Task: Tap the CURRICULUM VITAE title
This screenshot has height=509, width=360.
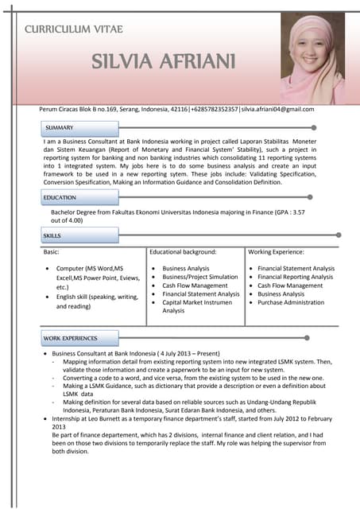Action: [x=74, y=29]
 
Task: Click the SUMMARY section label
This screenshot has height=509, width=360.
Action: [x=60, y=127]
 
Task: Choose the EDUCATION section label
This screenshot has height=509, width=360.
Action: [x=60, y=197]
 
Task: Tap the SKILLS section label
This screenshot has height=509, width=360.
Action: [x=52, y=236]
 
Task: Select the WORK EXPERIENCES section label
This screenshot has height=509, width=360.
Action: [x=70, y=339]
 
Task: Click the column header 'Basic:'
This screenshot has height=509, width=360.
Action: [x=52, y=251]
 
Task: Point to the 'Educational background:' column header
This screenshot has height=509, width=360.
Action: [x=184, y=251]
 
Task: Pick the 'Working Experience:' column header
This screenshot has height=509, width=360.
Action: [x=277, y=251]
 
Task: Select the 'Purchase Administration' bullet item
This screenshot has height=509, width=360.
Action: [x=291, y=302]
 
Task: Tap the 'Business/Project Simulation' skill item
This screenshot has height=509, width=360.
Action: [x=199, y=277]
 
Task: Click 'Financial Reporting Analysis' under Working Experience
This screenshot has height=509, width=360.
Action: [x=296, y=277]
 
